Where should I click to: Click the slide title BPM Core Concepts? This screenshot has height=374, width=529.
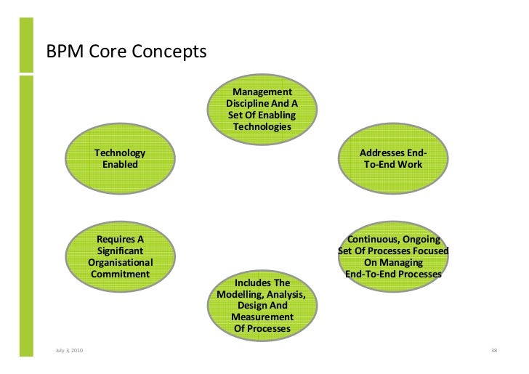click(126, 53)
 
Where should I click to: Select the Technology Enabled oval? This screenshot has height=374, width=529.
click(120, 160)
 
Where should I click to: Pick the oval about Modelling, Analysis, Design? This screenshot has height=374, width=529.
click(262, 305)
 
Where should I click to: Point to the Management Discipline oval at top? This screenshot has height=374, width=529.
click(262, 109)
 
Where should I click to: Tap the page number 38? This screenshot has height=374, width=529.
click(494, 352)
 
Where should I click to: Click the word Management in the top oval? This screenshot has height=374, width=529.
click(262, 92)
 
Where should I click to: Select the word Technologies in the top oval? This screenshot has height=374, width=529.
click(262, 127)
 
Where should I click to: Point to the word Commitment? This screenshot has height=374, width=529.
click(120, 275)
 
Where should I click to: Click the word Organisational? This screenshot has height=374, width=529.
click(120, 263)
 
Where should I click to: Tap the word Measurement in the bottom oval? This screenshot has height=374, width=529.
click(262, 317)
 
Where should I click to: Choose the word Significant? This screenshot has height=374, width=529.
click(120, 251)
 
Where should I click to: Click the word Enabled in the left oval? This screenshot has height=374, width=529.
click(120, 165)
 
